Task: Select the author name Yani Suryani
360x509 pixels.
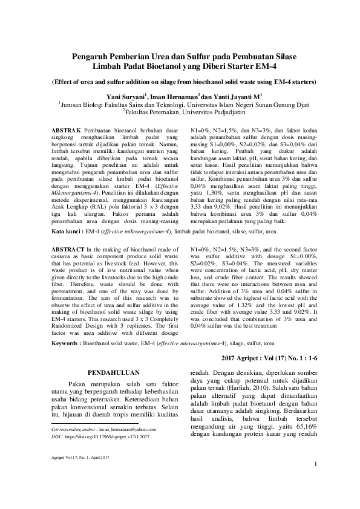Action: pyautogui.click(x=142, y=96)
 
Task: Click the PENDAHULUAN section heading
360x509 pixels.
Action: pyautogui.click(x=114, y=372)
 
